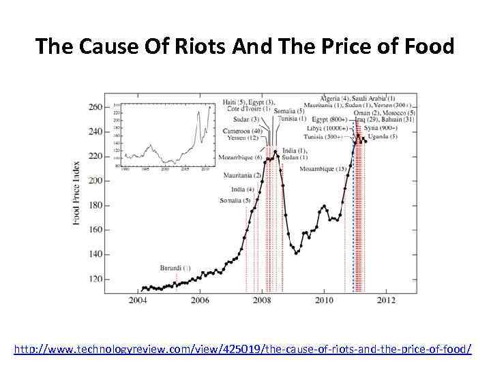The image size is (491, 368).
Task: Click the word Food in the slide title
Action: pyautogui.click(x=428, y=46)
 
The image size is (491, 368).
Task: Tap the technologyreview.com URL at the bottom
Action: pyautogui.click(x=243, y=349)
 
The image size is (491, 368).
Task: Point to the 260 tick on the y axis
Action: pyautogui.click(x=95, y=107)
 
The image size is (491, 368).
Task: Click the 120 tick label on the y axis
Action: pyautogui.click(x=95, y=279)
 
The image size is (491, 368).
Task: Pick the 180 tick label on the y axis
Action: pyautogui.click(x=95, y=205)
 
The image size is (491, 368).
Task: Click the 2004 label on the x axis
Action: pyautogui.click(x=138, y=300)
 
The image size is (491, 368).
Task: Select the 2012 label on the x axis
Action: pyautogui.click(x=386, y=300)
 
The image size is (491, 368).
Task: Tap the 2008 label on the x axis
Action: pyautogui.click(x=262, y=300)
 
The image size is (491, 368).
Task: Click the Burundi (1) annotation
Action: pyautogui.click(x=176, y=267)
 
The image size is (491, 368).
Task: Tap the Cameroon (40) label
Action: pyautogui.click(x=246, y=131)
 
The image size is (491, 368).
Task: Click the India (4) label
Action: pyautogui.click(x=242, y=189)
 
